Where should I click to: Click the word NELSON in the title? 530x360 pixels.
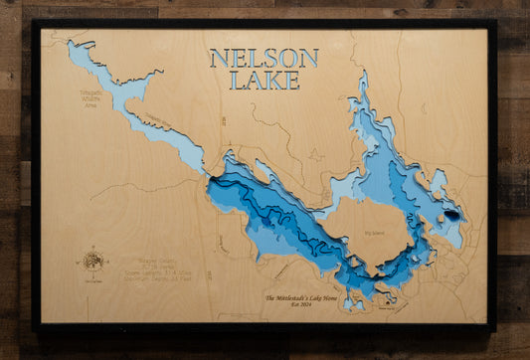pos(264,58)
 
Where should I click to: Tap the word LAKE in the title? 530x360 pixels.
pos(264,81)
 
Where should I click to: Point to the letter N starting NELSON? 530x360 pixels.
pos(219,58)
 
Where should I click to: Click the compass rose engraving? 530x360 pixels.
pos(92,261)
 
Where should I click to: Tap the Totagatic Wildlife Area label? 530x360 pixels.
pos(89,97)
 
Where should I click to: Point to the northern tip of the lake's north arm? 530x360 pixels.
pos(363,73)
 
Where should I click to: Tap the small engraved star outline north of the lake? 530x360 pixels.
pos(316,155)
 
